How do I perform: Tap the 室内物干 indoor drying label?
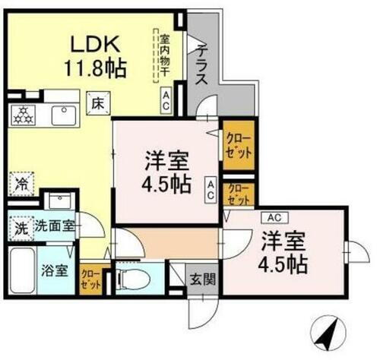163,55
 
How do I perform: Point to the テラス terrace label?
202,65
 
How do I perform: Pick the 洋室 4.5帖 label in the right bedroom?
284,253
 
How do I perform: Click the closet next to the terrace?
236,143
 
